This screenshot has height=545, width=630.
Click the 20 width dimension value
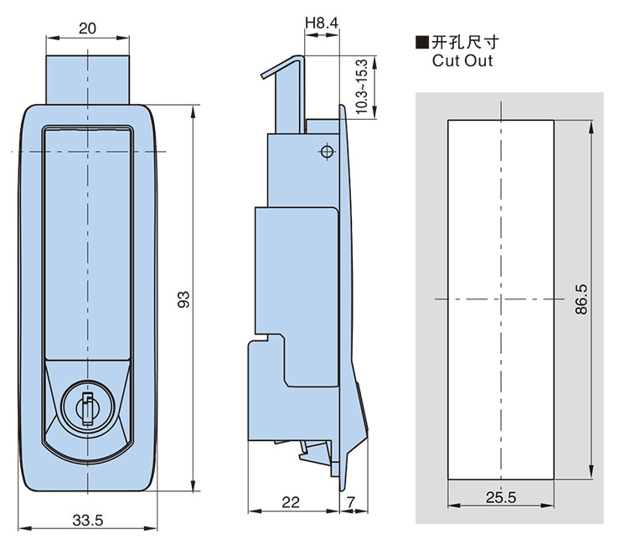[x=87, y=28]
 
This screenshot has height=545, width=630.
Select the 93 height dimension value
[x=185, y=299]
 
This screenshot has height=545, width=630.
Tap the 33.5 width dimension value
[x=87, y=520]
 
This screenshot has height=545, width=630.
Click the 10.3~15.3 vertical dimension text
[x=361, y=89]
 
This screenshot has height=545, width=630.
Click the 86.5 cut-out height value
[x=581, y=299]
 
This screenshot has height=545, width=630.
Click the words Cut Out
[x=462, y=60]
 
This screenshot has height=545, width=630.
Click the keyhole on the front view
[x=86, y=408]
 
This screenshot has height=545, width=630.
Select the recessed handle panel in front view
[x=87, y=243]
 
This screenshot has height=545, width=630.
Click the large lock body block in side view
[x=295, y=268]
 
